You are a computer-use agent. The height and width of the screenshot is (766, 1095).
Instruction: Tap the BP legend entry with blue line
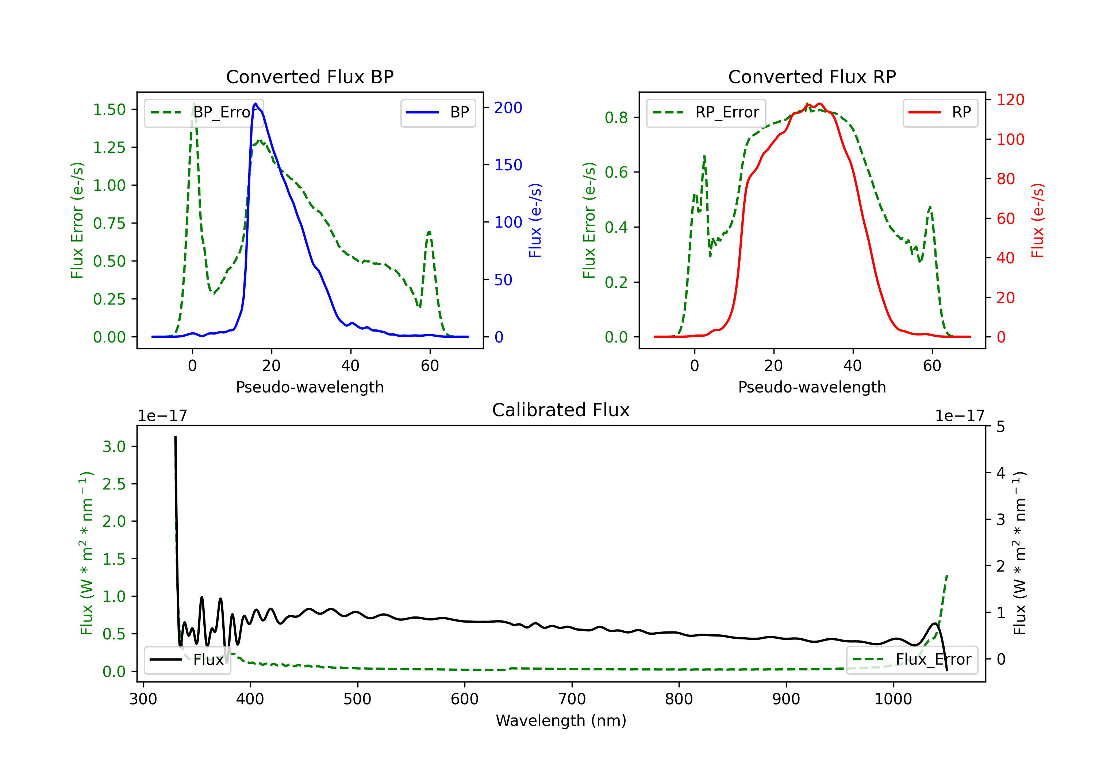coord(438,112)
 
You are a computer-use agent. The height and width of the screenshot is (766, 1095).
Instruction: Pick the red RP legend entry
coord(940,112)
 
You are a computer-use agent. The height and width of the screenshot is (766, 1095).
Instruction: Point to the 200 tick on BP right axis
coord(508,108)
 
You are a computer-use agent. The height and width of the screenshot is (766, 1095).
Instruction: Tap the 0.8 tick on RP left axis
coord(616,117)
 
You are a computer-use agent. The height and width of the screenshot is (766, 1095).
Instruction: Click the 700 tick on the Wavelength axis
coord(572,699)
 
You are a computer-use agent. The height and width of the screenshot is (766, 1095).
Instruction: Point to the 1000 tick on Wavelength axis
coord(893,699)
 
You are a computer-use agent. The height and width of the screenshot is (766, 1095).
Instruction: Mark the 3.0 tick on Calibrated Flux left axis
coord(114,446)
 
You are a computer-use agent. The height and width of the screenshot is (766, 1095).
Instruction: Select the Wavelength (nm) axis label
coord(561,720)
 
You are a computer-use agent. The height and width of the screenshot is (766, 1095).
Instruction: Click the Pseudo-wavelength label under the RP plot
coord(812,387)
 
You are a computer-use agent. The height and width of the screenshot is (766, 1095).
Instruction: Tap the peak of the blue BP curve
coord(255,104)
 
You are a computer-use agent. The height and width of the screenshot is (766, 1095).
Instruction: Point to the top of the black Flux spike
coord(175,437)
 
